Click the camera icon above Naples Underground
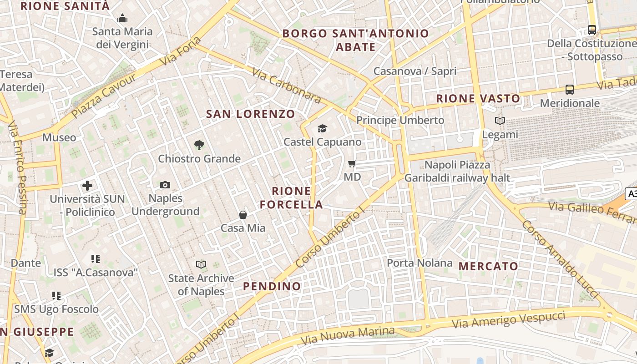[165, 185]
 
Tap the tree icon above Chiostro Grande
[199, 145]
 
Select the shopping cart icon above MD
[352, 163]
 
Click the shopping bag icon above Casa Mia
[243, 215]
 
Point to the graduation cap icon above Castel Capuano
[322, 129]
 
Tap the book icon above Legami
[500, 121]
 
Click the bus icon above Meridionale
[569, 90]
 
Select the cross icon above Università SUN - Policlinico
[87, 186]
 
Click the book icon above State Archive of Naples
[201, 264]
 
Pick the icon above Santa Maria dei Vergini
[122, 19]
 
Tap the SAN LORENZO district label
[251, 114]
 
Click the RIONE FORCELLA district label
[291, 198]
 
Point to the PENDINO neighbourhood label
[272, 286]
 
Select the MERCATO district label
[488, 266]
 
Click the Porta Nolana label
[420, 263]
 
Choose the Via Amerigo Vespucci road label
[508, 320]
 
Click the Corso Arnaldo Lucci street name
[559, 259]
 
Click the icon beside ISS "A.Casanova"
[96, 259]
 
